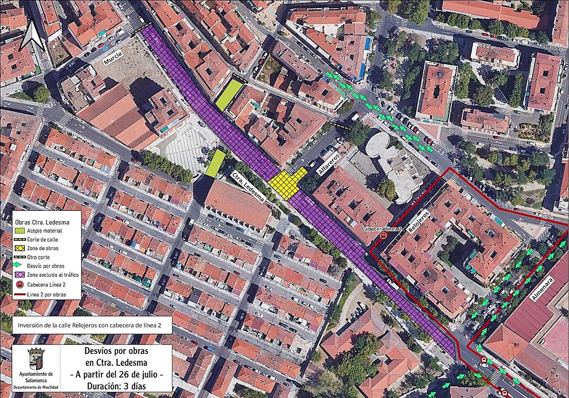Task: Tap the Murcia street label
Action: click(115, 61)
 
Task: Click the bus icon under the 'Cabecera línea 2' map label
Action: click(383, 235)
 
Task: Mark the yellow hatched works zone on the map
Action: click(287, 181)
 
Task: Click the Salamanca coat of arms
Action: click(36, 359)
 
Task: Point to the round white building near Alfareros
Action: click(378, 145)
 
